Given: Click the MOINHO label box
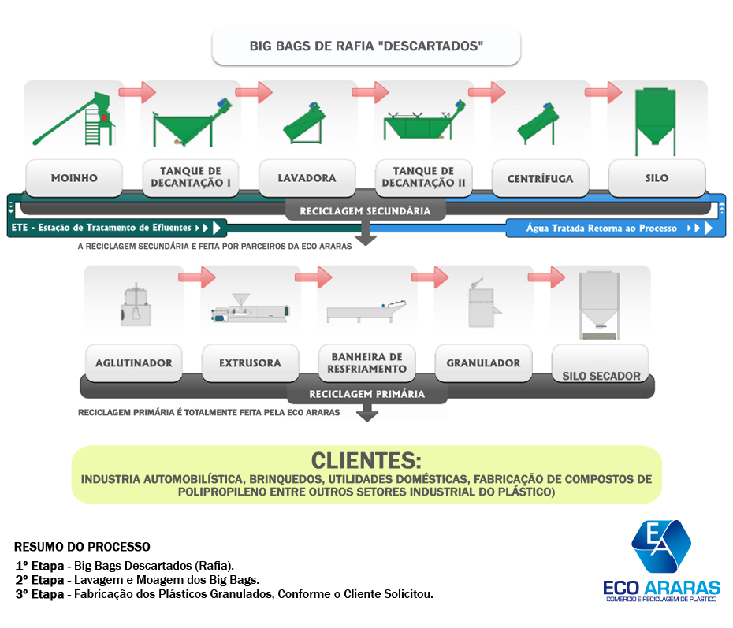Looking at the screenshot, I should [x=74, y=178].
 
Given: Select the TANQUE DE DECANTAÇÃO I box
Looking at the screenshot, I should [x=190, y=178].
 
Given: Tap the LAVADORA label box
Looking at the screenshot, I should [x=307, y=178].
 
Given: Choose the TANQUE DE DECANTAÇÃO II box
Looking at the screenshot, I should [x=423, y=178].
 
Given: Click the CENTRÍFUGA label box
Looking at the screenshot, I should [x=540, y=178].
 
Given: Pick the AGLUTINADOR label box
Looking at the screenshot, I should [x=132, y=363].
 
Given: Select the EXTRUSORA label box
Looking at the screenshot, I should [x=249, y=363].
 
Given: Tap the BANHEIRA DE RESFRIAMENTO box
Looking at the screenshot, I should [x=366, y=363].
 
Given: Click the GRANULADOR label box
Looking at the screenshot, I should [x=482, y=363].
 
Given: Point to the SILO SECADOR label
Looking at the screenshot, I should [x=601, y=375].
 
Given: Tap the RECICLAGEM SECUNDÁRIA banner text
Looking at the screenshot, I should [x=365, y=211].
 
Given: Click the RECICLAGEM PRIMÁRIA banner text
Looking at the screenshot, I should [x=366, y=394].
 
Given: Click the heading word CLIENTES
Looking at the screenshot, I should [x=366, y=460].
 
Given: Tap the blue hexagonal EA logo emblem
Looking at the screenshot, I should [x=660, y=544].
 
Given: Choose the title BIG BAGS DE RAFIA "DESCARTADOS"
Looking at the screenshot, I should [x=366, y=46].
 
